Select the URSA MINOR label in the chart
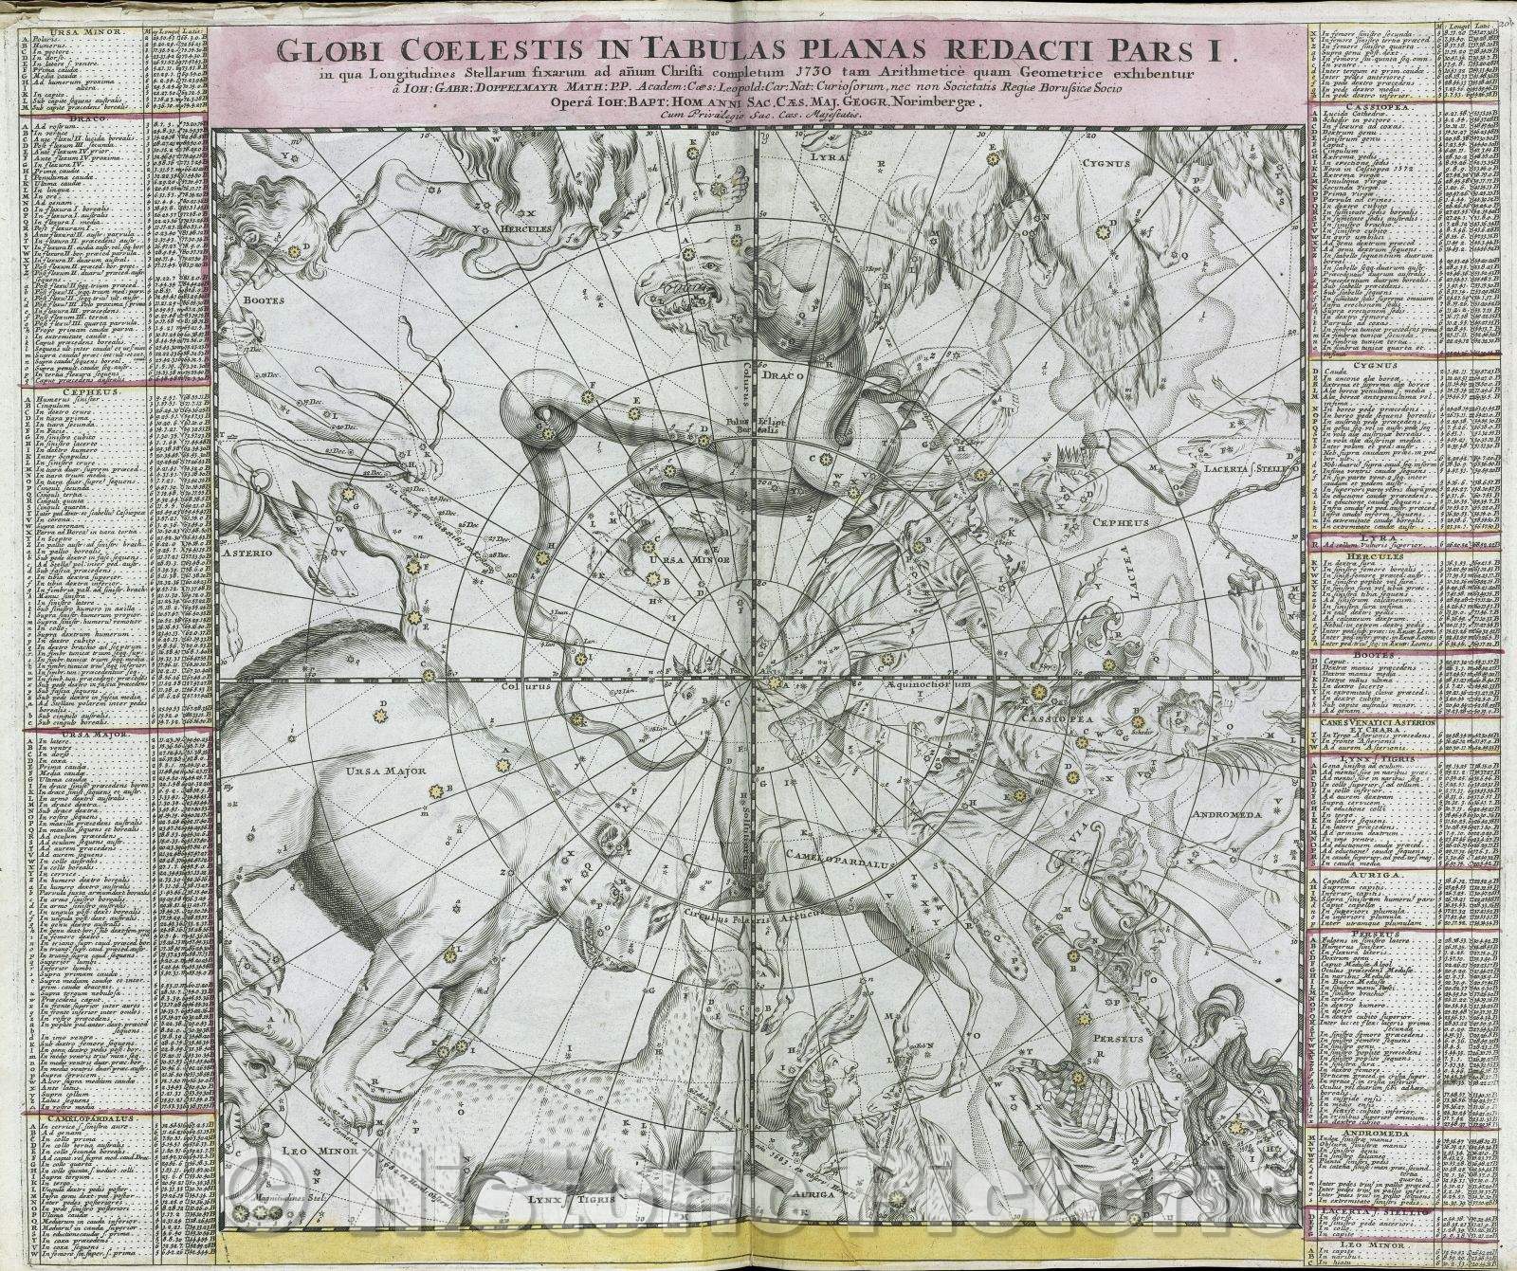(677, 558)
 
